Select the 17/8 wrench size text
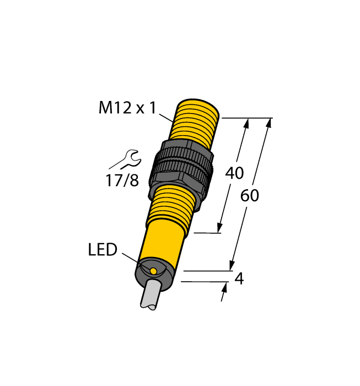(123, 180)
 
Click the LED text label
(103, 250)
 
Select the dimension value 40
(235, 173)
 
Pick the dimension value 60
(250, 196)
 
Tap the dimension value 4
(239, 279)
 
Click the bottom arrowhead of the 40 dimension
(221, 227)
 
